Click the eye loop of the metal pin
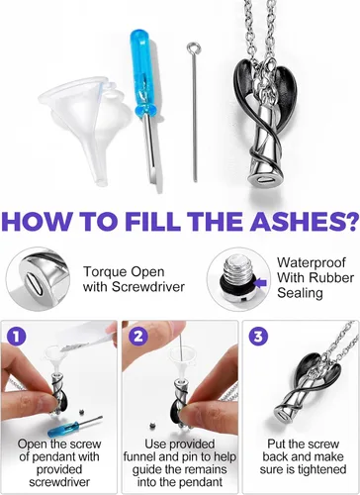click(191, 49)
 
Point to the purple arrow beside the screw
click(261, 283)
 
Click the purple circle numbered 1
click(17, 337)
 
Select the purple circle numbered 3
click(258, 337)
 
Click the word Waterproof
click(312, 262)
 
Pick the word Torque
click(103, 272)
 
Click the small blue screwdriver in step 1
click(74, 427)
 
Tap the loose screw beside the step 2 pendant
click(152, 426)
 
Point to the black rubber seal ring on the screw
click(237, 284)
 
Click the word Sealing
click(300, 293)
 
